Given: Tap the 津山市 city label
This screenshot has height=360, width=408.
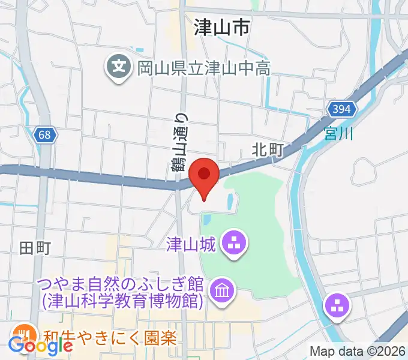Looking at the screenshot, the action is pyautogui.click(x=222, y=28).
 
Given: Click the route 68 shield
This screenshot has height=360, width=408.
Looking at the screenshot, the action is pyautogui.click(x=46, y=135).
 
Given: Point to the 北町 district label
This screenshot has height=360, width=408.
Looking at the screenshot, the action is pyautogui.click(x=268, y=150).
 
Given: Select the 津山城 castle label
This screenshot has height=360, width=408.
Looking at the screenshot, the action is pyautogui.click(x=191, y=244).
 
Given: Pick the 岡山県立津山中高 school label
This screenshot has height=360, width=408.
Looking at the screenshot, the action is pyautogui.click(x=204, y=68).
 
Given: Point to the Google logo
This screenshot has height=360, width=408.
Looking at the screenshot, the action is pyautogui.click(x=40, y=346).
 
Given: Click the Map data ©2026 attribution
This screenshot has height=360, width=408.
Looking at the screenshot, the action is pyautogui.click(x=358, y=351).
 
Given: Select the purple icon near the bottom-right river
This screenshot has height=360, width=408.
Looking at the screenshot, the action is pyautogui.click(x=336, y=306).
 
